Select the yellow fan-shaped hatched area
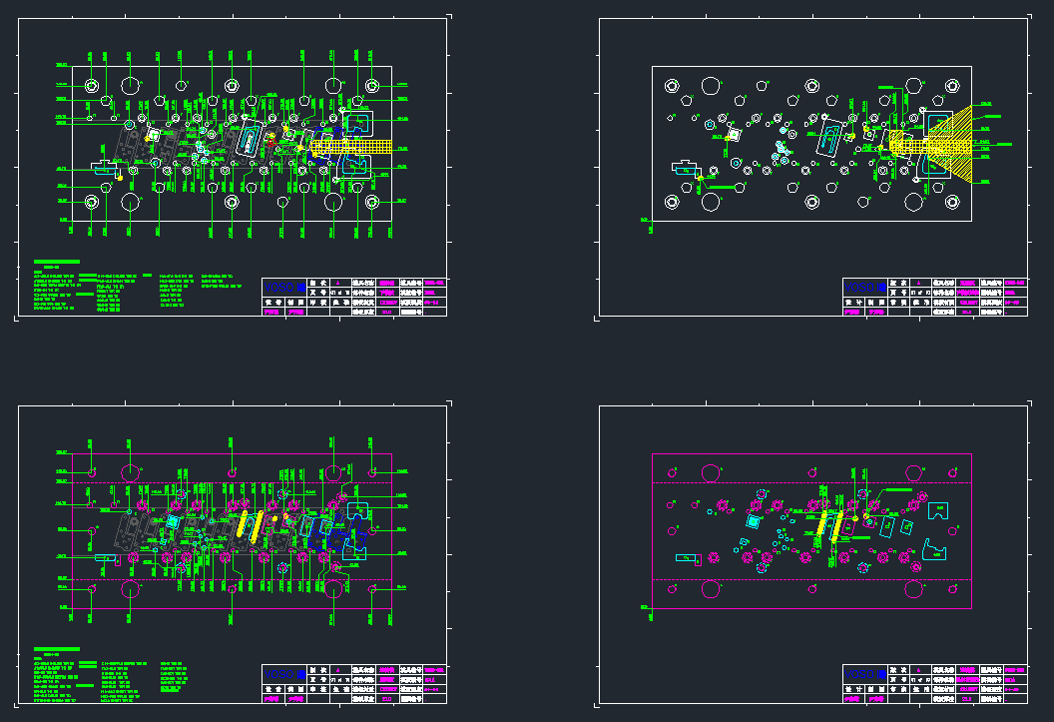point(958,146)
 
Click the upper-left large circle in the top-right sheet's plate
point(712,86)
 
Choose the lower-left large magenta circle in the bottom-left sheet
point(130,588)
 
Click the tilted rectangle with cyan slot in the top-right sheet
point(829,137)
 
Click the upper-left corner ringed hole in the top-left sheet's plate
point(92,86)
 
